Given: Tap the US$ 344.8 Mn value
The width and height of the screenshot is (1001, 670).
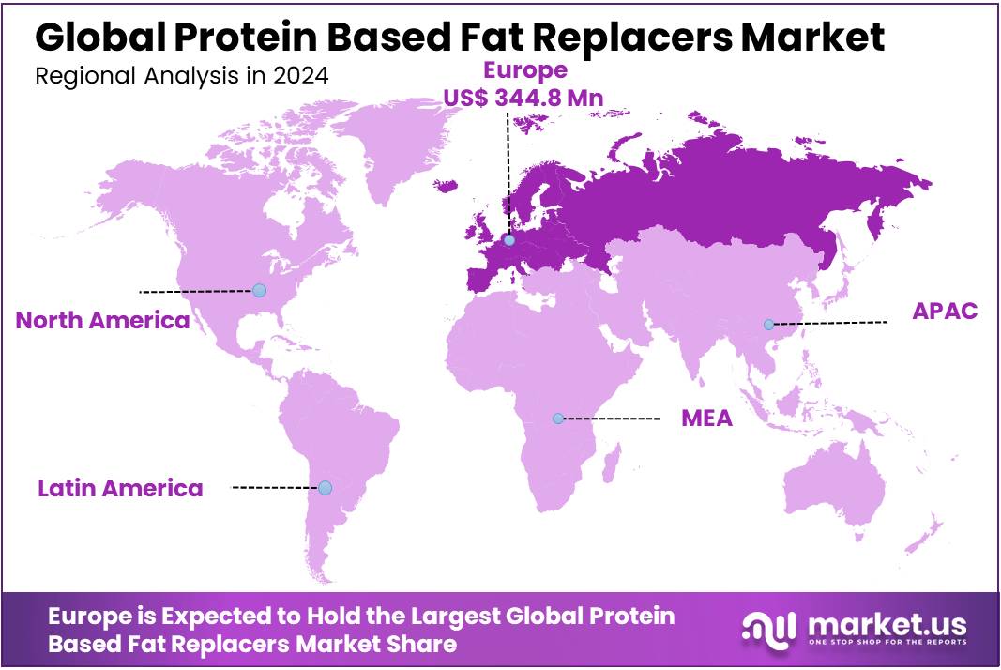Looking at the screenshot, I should click(523, 96).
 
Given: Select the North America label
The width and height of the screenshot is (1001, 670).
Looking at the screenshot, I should click(103, 321).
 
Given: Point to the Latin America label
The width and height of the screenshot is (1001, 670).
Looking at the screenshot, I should click(120, 488).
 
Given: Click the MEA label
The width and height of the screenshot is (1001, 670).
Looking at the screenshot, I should click(706, 419).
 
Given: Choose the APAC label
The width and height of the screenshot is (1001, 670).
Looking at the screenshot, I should click(945, 312).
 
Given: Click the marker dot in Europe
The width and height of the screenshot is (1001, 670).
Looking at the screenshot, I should click(508, 240).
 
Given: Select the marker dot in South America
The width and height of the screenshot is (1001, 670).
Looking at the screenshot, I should click(325, 488).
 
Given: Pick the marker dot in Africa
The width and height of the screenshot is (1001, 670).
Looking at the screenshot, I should click(558, 418).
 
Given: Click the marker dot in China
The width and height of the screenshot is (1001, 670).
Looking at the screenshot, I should click(768, 325).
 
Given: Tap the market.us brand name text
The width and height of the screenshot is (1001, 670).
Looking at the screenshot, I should click(885, 623).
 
